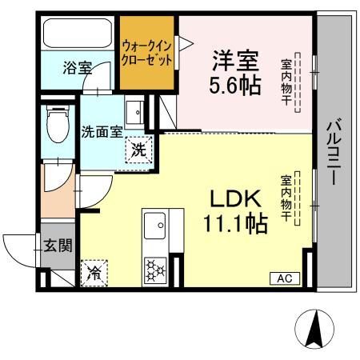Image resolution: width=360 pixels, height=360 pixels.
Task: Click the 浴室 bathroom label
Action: (x=78, y=68)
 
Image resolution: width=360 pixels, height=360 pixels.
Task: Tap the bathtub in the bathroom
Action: (x=78, y=33)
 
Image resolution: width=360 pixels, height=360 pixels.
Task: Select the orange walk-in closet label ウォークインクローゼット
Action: (x=146, y=53)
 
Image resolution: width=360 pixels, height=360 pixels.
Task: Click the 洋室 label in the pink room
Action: (x=235, y=61)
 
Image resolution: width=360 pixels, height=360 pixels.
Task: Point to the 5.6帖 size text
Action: (x=234, y=85)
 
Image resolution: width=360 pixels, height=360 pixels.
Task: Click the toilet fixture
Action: (x=58, y=124)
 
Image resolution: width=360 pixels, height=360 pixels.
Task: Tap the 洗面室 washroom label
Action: (x=102, y=131)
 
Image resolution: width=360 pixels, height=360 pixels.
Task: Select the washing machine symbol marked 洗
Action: (x=139, y=150)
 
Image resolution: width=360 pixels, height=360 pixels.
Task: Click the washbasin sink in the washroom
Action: (x=134, y=112)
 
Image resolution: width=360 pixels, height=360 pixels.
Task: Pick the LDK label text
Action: (x=235, y=199)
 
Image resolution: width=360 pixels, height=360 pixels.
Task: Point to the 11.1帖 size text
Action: (x=235, y=224)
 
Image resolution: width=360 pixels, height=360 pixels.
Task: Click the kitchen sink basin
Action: (x=154, y=226)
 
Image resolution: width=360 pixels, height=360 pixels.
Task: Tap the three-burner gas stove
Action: (x=155, y=270)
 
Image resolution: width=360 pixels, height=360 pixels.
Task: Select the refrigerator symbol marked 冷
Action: (x=94, y=273)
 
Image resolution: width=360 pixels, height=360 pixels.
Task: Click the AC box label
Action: (x=285, y=278)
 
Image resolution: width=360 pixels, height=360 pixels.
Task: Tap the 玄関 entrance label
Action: (x=58, y=245)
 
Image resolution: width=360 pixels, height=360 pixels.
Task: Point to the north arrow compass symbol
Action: (x=314, y=329)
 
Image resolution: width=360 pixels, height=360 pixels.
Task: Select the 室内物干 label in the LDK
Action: (x=286, y=198)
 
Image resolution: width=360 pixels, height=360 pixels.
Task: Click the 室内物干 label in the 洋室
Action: (x=286, y=82)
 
